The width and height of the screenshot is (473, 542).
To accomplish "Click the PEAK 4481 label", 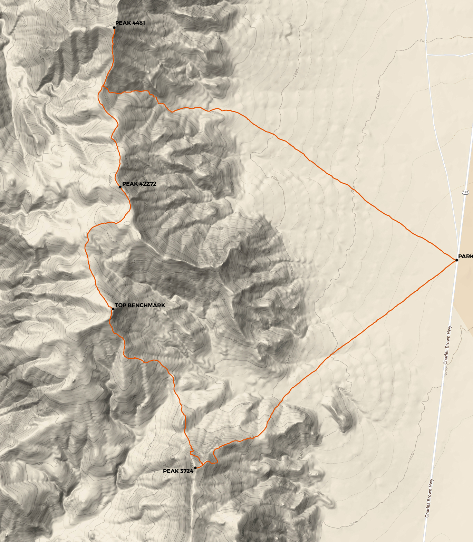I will click(130, 23).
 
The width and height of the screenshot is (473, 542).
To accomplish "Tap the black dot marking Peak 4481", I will click(114, 28).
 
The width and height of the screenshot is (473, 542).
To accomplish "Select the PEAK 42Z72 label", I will click(139, 184).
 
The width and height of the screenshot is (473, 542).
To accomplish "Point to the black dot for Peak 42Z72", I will click(120, 187).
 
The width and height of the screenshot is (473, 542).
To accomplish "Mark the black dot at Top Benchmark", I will click(113, 309).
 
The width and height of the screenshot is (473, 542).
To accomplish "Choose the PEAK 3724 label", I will click(178, 471).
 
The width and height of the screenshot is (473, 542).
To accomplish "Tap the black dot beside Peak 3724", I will click(195, 468).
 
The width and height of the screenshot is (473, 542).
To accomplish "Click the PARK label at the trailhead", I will click(465, 257).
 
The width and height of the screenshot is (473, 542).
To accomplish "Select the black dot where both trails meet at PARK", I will click(456, 260).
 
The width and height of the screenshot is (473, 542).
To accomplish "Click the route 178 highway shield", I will click(465, 192).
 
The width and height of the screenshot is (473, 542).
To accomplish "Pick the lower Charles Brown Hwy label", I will click(429, 498).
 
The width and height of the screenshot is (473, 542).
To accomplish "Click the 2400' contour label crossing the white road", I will click(423, 41).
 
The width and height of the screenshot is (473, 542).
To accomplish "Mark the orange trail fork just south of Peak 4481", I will click(103, 86).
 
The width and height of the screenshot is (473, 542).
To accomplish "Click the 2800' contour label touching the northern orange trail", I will click(214, 112).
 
